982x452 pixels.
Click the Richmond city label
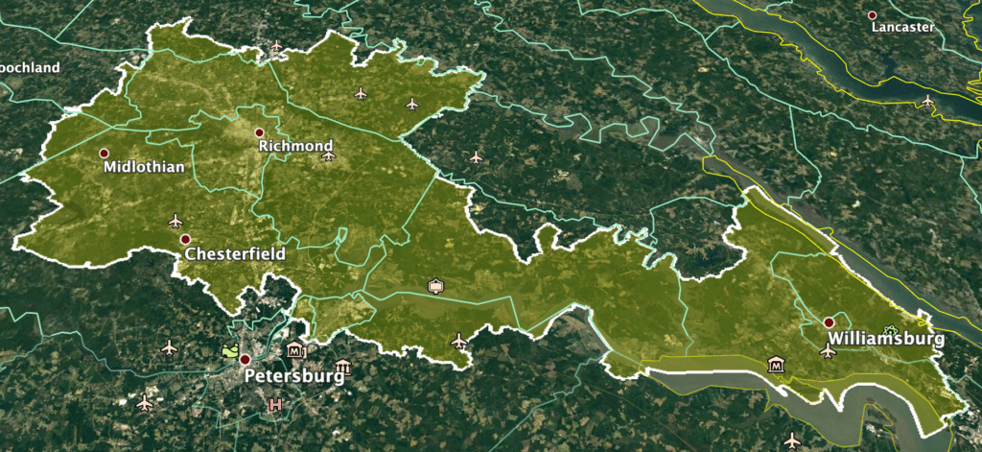[x=295, y=146]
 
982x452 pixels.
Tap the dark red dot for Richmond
[x=259, y=132]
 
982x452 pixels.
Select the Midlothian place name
[x=143, y=167]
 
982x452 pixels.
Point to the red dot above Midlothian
[x=105, y=153]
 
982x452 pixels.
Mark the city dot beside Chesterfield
[x=185, y=239]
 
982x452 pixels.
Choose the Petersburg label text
[x=294, y=375]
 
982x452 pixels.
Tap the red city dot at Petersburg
[x=245, y=360]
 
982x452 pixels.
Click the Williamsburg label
[x=885, y=339]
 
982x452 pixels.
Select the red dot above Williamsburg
[x=829, y=322]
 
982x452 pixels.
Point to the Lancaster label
[x=902, y=28]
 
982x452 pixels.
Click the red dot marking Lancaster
[x=873, y=15]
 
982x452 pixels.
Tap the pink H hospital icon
[x=276, y=405]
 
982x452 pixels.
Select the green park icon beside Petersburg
[x=229, y=352]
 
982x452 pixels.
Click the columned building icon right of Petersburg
[x=342, y=368]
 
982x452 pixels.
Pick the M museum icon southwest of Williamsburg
[x=775, y=364]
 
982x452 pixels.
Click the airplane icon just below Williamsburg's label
[x=828, y=351]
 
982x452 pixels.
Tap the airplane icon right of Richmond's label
[x=329, y=155]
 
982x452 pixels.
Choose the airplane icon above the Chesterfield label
[x=175, y=221]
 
